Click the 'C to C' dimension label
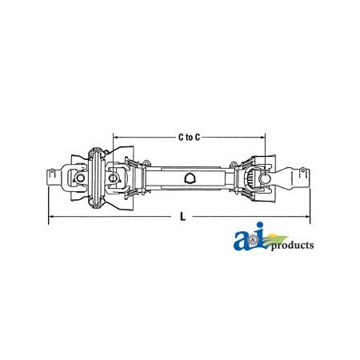(188, 137)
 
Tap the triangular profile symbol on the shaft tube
(190, 178)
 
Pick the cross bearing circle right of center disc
(116, 178)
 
